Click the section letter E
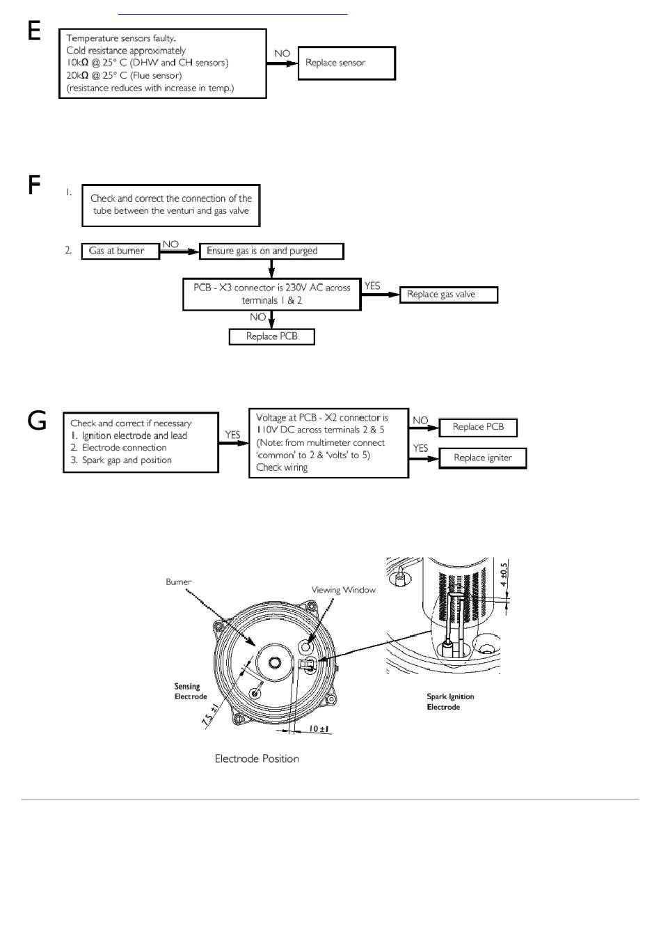pos(34,31)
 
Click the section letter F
pos(34,185)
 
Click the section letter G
pos(37,421)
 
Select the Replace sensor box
pos(347,63)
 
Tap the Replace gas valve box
pos(449,295)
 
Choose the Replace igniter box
pos(483,458)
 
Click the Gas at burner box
pos(120,251)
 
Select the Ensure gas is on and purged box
pos(271,251)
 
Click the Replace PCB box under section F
pos(272,336)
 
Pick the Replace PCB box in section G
pos(478,427)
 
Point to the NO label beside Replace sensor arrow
pos(282,54)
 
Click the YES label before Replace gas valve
pos(372,286)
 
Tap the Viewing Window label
pos(343,590)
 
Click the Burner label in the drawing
pos(179,582)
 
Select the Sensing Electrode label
pos(191,692)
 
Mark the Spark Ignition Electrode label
pos(450,702)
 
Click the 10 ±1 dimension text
pos(319,729)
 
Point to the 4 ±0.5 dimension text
pos(504,575)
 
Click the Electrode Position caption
pos(257,758)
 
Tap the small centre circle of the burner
pos(275,662)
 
